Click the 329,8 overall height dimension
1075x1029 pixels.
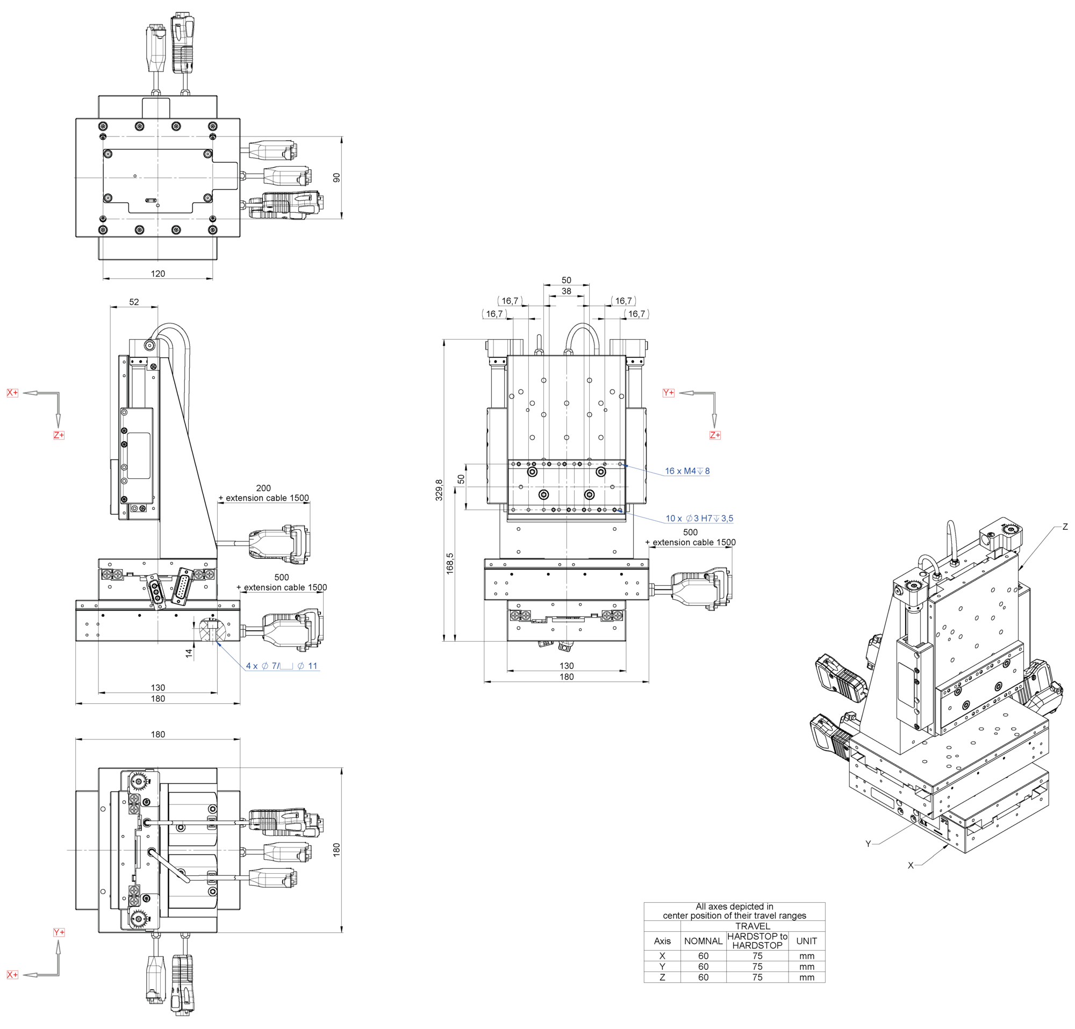[439, 490]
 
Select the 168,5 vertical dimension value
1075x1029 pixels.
[450, 563]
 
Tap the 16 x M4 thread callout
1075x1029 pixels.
[687, 471]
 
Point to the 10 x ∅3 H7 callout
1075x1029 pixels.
[699, 518]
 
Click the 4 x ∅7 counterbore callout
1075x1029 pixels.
[281, 666]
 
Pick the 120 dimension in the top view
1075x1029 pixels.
[158, 274]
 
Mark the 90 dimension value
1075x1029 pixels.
[336, 178]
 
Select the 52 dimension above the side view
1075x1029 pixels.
[134, 302]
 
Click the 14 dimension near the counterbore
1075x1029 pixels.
[189, 653]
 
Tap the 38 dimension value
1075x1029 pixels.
[566, 291]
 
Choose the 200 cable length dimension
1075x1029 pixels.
[263, 488]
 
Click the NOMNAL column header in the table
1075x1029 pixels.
[703, 941]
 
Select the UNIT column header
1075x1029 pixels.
[806, 941]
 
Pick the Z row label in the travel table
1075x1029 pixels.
[662, 977]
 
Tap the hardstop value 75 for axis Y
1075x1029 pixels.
[757, 967]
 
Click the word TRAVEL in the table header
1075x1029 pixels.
[752, 926]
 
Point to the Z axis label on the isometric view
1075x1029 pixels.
[1065, 527]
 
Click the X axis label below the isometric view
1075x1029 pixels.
[911, 865]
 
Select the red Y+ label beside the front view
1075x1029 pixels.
[668, 392]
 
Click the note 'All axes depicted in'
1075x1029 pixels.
[734, 906]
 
